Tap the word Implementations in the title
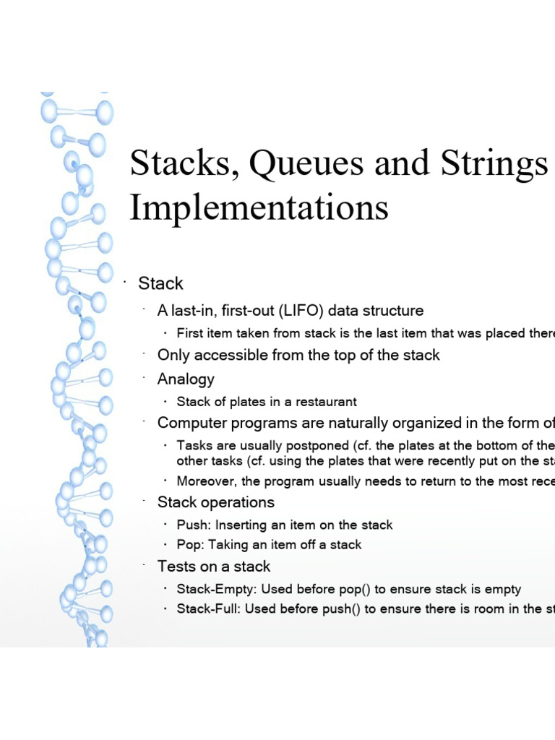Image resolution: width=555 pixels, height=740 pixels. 259,208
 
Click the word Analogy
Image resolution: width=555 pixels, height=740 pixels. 186,379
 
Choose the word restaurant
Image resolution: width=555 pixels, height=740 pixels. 323,402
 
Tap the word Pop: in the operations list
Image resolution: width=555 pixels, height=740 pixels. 191,545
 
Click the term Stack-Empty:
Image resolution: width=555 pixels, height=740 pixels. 216,590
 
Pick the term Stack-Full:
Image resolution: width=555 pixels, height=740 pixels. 209,609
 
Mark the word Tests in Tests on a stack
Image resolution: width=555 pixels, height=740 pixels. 176,566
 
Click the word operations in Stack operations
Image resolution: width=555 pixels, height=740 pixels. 238,502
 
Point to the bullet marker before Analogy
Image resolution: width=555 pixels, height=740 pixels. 145,377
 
